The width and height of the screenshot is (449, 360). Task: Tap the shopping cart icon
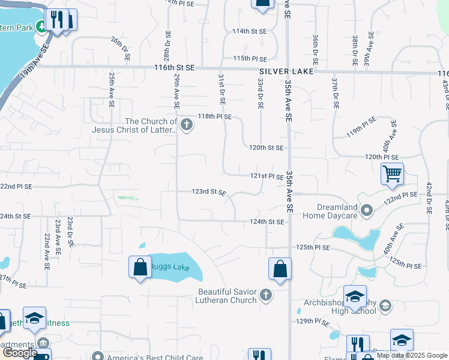[392, 174]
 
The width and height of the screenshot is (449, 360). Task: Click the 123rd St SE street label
[208, 192]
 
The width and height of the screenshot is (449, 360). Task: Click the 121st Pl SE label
[267, 176]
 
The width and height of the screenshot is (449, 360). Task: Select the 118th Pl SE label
[215, 116]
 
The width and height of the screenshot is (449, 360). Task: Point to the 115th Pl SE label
[250, 58]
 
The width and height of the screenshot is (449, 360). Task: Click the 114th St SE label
[249, 31]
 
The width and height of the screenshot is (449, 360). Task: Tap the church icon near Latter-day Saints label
[186, 125]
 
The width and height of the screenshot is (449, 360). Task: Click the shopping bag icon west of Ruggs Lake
[140, 266]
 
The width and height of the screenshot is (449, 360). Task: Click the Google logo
[20, 353]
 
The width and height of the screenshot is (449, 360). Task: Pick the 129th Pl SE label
[314, 322]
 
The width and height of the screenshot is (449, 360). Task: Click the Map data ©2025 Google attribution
[412, 355]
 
